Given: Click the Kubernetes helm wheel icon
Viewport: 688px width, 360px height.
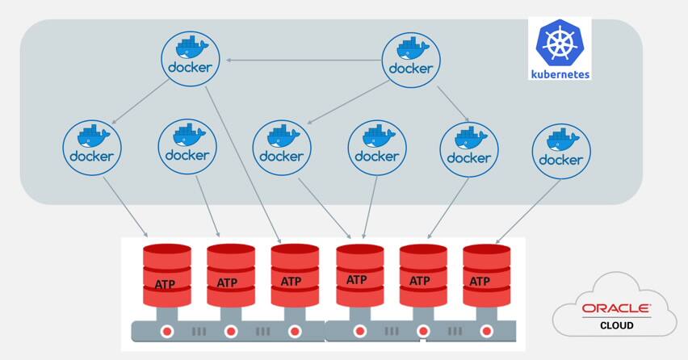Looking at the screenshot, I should [560, 44].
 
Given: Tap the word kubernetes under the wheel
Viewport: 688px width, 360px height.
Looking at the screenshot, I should [560, 73].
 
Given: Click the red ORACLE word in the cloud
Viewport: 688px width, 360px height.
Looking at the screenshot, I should [617, 308].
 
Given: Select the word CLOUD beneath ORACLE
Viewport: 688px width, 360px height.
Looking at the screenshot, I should [617, 325].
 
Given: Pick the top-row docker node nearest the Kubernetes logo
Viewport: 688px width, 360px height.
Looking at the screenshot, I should [411, 61].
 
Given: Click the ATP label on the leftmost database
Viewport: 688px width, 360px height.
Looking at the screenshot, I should [166, 283].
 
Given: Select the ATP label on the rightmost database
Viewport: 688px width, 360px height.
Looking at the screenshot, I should [480, 281].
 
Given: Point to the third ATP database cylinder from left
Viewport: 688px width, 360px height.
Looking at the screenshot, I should [294, 274].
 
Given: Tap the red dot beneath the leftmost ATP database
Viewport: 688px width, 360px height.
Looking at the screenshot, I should [167, 331].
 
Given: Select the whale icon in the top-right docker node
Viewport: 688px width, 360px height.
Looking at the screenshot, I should [411, 49].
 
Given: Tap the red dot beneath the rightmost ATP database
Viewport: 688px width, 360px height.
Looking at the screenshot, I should [487, 331].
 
